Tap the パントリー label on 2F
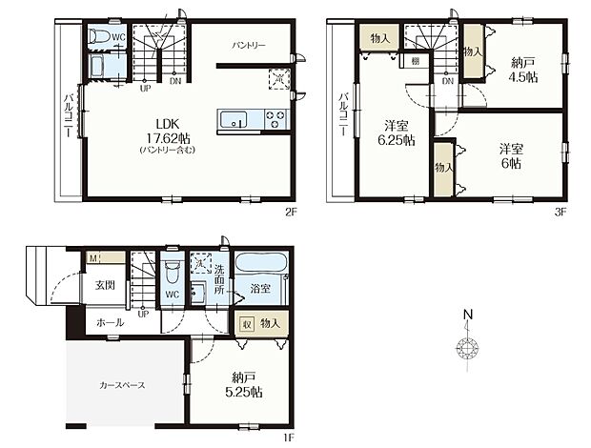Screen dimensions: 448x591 (249, 45)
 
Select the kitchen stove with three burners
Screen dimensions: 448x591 (275, 119)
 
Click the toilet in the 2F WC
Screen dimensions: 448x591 (99, 37)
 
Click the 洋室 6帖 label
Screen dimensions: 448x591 (511, 155)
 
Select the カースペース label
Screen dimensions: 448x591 (121, 385)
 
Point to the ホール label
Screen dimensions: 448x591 (110, 323)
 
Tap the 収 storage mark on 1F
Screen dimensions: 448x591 (248, 323)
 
